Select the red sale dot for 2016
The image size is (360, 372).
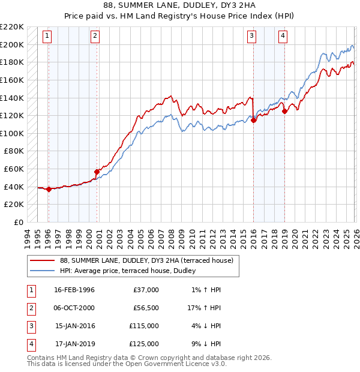pyautogui.click(x=253, y=120)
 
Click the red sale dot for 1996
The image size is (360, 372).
pyautogui.click(x=49, y=190)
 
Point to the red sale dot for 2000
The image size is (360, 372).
pyautogui.click(x=97, y=172)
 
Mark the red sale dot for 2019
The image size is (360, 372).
pyautogui.click(x=284, y=111)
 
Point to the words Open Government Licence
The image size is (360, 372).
pyautogui.click(x=167, y=364)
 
